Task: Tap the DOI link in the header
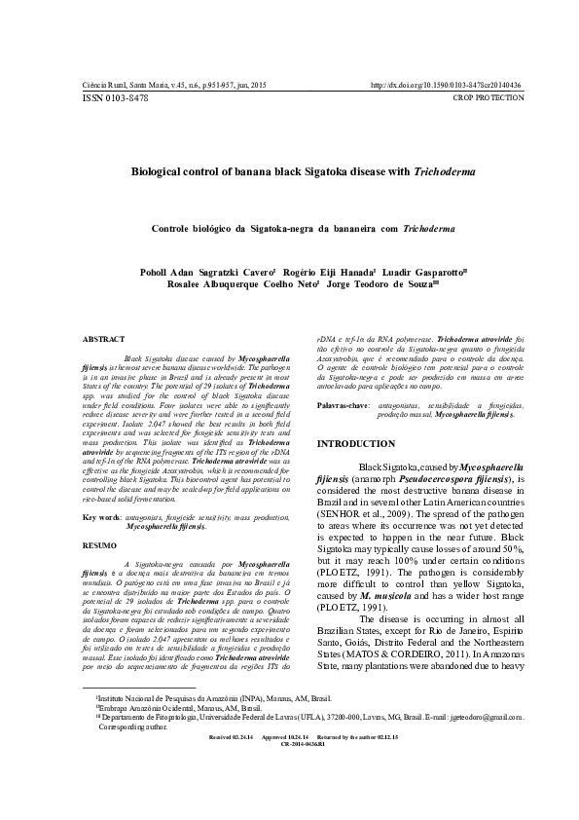[x=448, y=86]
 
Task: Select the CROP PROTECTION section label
[x=489, y=97]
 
